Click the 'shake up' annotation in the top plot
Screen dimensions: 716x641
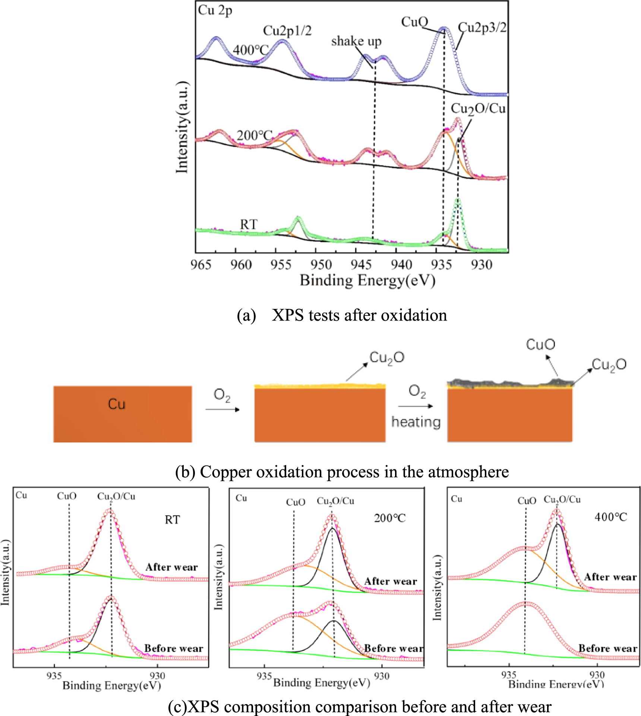[x=356, y=41]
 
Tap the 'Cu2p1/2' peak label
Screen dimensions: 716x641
[x=287, y=31]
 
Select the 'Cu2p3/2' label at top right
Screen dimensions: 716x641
[x=482, y=27]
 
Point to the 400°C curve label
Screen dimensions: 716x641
[x=250, y=50]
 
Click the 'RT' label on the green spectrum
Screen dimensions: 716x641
[x=249, y=224]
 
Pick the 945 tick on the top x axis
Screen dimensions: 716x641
[x=361, y=264]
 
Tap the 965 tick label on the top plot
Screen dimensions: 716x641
[x=201, y=264]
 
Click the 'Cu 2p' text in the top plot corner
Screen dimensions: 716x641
[x=215, y=10]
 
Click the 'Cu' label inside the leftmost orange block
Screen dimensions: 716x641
[x=117, y=404]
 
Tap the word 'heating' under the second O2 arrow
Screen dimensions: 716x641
[x=416, y=422]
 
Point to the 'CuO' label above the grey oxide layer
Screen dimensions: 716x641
[x=540, y=345]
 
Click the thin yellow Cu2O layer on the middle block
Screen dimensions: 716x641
[x=320, y=386]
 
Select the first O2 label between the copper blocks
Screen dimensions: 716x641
[x=222, y=395]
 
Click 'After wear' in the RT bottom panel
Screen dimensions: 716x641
[x=171, y=567]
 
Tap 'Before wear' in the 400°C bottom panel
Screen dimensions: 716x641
[x=607, y=649]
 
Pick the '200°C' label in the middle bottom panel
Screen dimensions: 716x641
[x=390, y=518]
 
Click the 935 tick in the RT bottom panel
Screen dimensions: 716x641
[x=54, y=675]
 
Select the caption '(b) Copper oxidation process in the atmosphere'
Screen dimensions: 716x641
[x=342, y=472]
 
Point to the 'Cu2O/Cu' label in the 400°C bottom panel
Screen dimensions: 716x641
[x=562, y=500]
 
